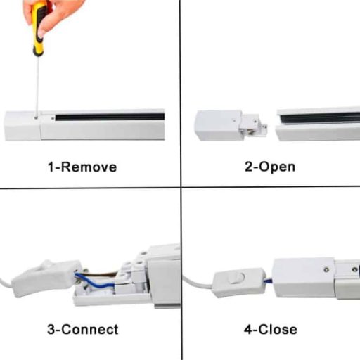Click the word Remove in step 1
89,167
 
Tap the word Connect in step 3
90,329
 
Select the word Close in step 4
278,329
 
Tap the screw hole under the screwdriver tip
36,117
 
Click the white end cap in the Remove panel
23,126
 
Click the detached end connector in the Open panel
231,126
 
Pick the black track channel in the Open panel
320,117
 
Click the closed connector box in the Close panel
304,278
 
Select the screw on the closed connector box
326,269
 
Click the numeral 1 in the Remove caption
51,167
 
